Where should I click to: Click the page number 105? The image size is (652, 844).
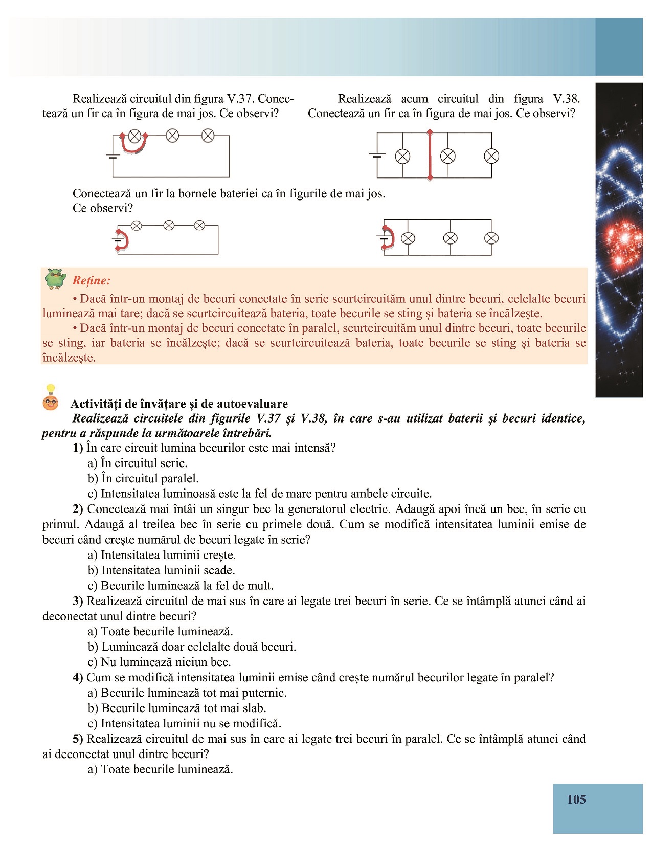tap(576, 799)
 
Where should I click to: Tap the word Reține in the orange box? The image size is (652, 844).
tap(91, 280)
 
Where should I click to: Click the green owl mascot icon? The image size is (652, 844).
tap(55, 279)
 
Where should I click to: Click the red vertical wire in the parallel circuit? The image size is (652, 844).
tap(430, 156)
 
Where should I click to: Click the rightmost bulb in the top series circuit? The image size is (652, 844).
tap(208, 136)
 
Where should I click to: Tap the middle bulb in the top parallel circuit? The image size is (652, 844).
tap(447, 156)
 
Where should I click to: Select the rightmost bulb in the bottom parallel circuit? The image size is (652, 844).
tap(491, 238)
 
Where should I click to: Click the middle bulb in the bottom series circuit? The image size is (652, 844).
tap(168, 226)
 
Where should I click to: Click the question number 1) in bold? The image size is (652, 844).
tap(78, 448)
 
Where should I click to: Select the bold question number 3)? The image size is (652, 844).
tap(78, 601)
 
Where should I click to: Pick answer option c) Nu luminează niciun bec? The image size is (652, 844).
tap(159, 662)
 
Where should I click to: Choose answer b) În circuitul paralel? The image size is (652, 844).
tap(143, 479)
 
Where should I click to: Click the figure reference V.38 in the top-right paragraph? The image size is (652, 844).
tap(566, 99)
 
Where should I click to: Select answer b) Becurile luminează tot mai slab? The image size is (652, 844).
tap(177, 708)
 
